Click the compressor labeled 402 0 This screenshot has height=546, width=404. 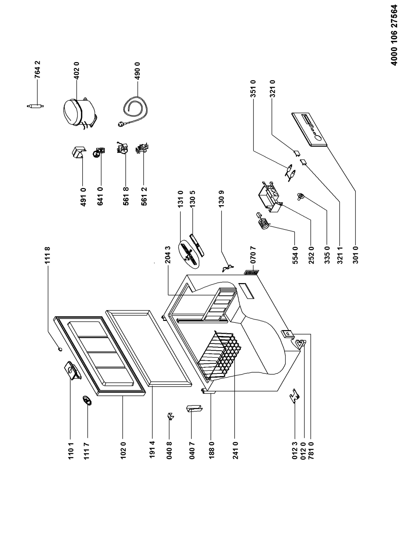79,114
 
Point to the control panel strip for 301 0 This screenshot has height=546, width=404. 309,130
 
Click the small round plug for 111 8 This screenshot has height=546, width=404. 59,349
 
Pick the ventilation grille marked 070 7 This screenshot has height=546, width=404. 251,272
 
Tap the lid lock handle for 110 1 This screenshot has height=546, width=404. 72,371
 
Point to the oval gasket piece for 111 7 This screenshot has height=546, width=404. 87,401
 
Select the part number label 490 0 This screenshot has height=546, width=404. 137,70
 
